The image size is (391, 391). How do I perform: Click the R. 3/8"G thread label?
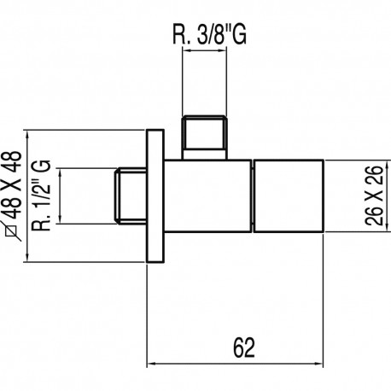209,35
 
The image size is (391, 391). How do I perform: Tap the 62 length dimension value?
244,347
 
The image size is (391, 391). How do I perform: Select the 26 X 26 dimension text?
373,195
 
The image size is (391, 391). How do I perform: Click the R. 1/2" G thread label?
41,195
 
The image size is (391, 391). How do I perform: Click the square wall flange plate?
155,195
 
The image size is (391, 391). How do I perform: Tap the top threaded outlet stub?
204,137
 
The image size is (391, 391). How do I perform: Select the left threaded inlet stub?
131,195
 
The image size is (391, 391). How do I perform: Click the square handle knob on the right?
289,195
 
